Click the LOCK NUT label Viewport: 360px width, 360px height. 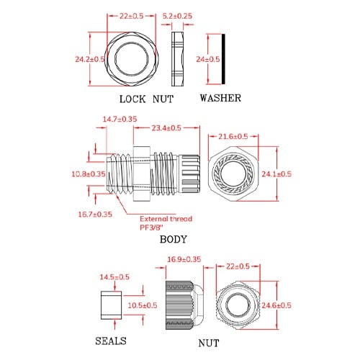coord(146,99)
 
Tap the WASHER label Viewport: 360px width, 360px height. coord(220,98)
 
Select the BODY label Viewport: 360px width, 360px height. coord(173,239)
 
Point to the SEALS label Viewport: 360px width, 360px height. coord(111,341)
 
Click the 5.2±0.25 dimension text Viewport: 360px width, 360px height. coord(177,16)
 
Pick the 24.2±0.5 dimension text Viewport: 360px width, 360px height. coord(90,59)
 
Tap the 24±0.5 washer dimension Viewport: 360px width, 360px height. coord(208,59)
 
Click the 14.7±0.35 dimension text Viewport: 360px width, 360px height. coord(120,119)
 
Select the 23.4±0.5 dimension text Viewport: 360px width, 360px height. coord(166,128)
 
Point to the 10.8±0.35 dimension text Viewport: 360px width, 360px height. coord(89,174)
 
